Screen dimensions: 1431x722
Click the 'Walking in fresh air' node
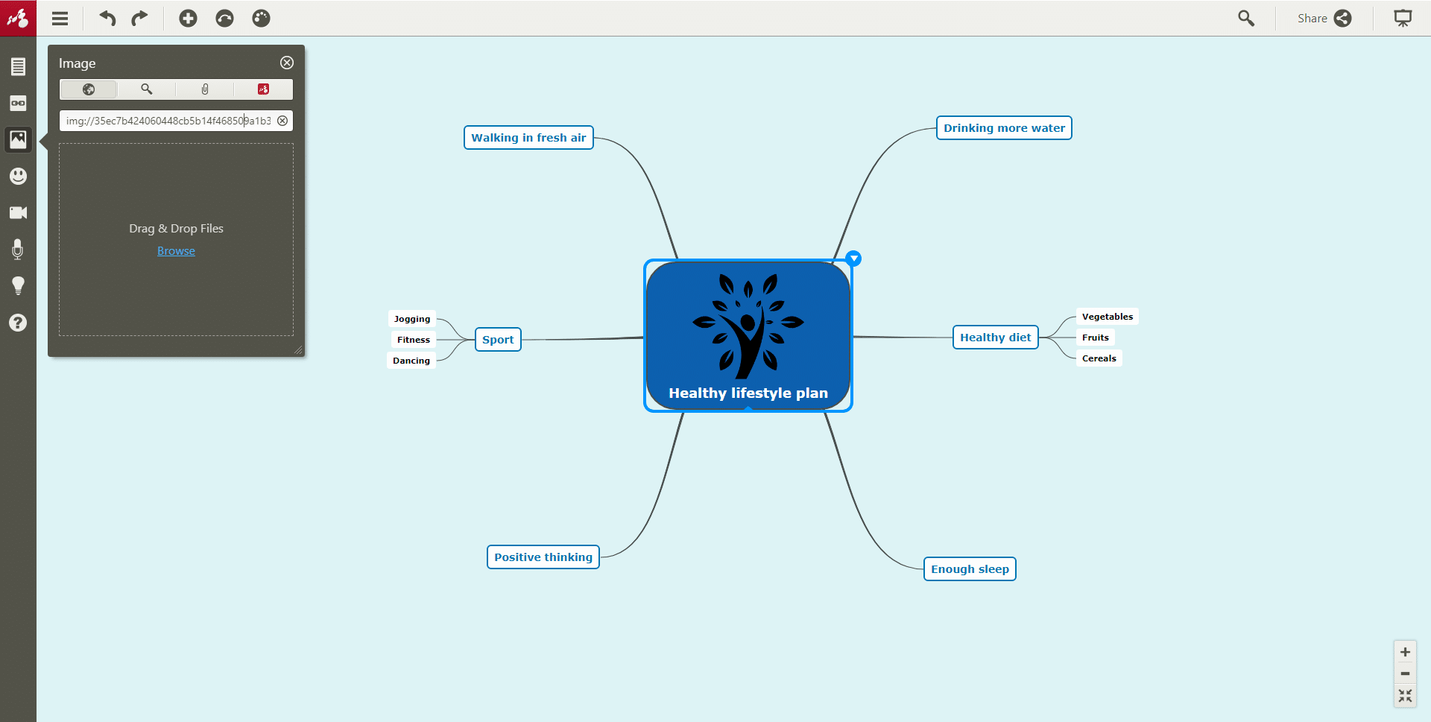(528, 138)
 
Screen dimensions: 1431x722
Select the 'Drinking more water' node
(1004, 128)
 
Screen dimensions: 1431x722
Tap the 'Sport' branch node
(498, 340)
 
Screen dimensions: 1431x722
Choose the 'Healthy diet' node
(995, 338)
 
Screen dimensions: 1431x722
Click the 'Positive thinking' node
(543, 557)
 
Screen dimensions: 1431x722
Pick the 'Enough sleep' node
(970, 569)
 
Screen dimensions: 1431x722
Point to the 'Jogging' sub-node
(412, 319)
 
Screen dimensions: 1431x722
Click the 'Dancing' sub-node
(411, 361)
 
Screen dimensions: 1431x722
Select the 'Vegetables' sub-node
(1108, 317)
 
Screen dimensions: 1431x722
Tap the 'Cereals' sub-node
(1099, 358)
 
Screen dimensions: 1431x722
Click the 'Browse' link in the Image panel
(176, 251)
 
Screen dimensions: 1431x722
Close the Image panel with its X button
(287, 63)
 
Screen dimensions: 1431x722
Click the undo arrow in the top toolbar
(108, 18)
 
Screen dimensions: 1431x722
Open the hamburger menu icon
(60, 19)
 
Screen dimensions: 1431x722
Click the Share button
(1324, 18)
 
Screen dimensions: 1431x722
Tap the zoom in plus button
(1405, 652)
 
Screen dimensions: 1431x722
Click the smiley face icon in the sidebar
(18, 176)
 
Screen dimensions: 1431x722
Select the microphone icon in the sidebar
(18, 250)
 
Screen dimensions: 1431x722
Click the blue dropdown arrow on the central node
(853, 259)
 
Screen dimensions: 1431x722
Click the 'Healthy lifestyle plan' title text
(748, 393)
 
